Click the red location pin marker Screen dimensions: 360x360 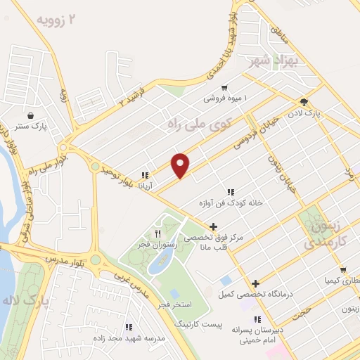click(181, 165)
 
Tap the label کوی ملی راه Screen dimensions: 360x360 click(200, 124)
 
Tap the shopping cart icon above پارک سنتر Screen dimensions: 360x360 click(31, 115)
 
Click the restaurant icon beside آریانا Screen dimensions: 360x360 click(145, 175)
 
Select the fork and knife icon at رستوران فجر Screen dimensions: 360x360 click(158, 233)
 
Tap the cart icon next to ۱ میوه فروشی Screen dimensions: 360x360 click(224, 87)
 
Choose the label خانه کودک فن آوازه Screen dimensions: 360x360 click(231, 202)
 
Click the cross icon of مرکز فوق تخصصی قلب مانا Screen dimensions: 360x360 click(213, 226)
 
